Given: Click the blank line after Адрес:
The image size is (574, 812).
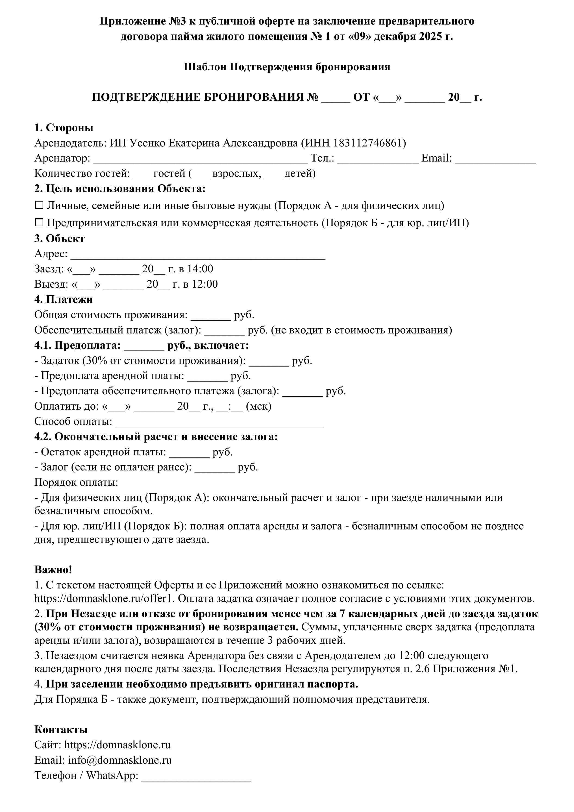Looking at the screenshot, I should (x=198, y=255).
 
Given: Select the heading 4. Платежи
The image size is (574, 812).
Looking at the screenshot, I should (x=63, y=299).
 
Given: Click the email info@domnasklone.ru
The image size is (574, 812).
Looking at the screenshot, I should (x=120, y=760).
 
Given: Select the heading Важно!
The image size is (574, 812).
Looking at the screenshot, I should (x=53, y=569).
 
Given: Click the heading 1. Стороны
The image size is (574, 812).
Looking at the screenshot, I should (x=64, y=128).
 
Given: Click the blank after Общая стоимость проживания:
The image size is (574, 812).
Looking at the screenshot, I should (x=211, y=316).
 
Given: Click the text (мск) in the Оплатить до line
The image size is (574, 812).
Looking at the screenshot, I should (x=258, y=406).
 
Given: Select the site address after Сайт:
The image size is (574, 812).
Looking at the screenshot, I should (x=118, y=745).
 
